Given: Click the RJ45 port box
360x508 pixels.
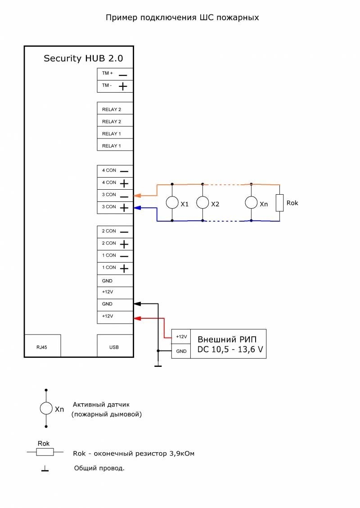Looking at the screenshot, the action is coord(42,346).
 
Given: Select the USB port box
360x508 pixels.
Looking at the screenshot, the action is coord(115,346).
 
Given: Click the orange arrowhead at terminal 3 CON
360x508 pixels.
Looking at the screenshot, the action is coord(138,196).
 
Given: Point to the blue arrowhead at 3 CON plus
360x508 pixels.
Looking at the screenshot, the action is coord(138,208).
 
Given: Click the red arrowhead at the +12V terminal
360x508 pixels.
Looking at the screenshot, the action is coord(138,318).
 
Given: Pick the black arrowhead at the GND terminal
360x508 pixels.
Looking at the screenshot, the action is coord(138,303).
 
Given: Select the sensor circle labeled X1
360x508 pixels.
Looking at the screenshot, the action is coord(172,202).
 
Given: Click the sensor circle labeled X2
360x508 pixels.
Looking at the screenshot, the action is coord(202,202).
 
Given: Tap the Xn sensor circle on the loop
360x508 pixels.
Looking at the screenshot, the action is coord(252,202).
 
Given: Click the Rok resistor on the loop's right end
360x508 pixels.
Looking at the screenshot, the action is coord(279,203).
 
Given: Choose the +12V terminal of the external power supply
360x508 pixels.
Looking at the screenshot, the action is coord(181,337).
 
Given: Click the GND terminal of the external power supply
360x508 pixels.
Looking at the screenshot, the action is coord(181,351).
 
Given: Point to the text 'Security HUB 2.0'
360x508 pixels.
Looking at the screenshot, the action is coord(83,58).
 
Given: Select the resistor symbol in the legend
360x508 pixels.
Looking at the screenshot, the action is coord(45,452).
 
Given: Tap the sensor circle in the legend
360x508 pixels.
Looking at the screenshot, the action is coord(46,408).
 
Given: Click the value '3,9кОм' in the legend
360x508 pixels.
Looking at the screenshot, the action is coord(182,454).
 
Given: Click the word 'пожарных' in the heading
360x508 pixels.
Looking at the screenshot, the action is coord(238,18).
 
